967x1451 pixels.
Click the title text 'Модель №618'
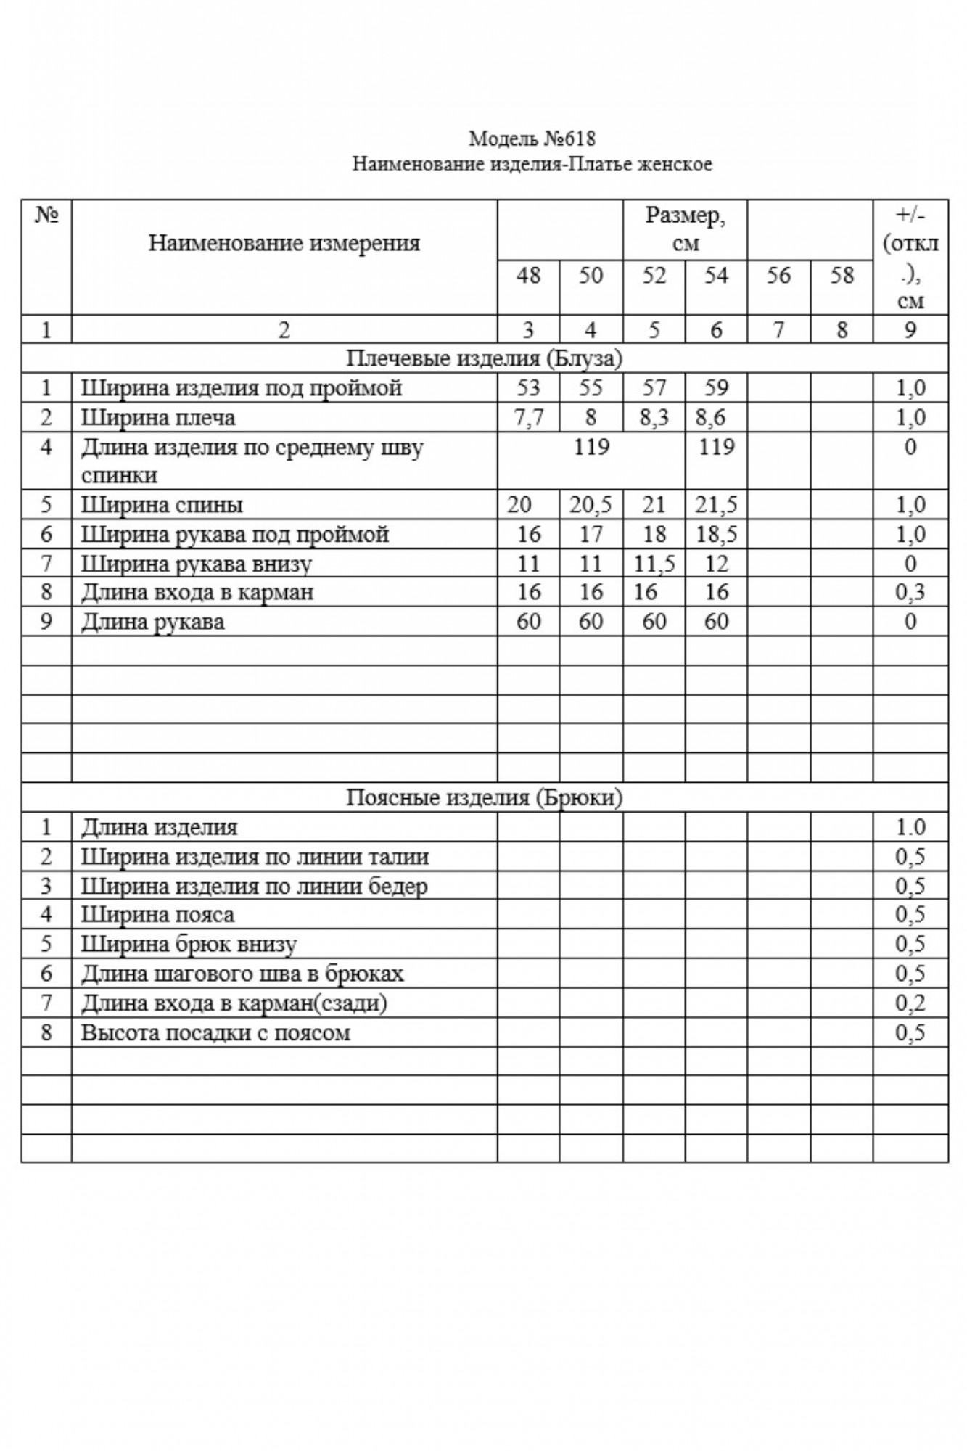point(532,138)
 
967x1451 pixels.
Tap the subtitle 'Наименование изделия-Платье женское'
point(532,165)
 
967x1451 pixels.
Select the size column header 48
point(528,276)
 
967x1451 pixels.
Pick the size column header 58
point(842,276)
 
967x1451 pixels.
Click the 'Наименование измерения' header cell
point(284,243)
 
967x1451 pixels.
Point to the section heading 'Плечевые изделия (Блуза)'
point(484,358)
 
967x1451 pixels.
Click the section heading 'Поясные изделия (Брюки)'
point(484,798)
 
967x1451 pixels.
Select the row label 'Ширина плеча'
point(158,418)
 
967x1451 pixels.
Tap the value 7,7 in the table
point(528,418)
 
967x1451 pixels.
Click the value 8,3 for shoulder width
point(654,418)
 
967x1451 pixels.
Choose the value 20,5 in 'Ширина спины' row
point(591,505)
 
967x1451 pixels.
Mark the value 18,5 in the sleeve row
point(716,535)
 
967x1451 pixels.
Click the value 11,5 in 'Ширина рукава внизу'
point(654,564)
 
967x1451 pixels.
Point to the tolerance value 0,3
point(910,593)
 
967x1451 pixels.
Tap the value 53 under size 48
point(528,388)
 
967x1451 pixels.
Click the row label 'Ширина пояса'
point(157,915)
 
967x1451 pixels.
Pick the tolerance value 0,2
point(910,1003)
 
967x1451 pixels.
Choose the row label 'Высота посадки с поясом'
point(215,1032)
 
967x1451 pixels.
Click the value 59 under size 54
point(716,388)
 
